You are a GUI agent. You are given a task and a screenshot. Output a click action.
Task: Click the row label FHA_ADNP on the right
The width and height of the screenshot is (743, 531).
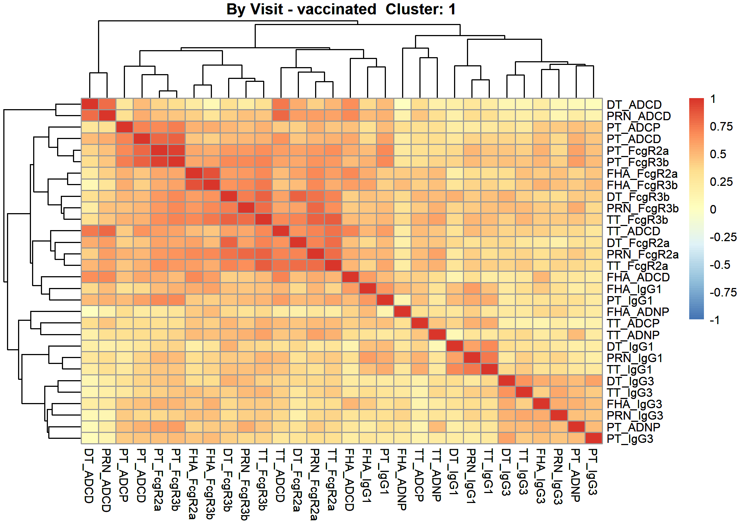click(x=638, y=312)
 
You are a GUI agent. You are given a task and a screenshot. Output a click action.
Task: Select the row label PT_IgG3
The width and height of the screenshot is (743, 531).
click(x=630, y=439)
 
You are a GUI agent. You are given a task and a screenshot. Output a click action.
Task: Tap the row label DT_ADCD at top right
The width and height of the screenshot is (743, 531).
click(x=634, y=105)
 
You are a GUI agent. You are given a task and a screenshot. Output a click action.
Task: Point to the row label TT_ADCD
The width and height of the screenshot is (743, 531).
click(x=634, y=231)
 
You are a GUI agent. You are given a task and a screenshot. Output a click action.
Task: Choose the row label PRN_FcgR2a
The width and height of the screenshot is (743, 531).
click(x=643, y=254)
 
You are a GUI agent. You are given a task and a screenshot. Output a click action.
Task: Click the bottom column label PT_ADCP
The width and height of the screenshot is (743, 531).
click(x=124, y=475)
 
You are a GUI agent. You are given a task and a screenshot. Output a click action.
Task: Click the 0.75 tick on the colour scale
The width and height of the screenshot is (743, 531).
click(x=721, y=126)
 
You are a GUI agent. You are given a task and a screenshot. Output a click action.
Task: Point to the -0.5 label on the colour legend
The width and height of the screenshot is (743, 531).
click(x=720, y=265)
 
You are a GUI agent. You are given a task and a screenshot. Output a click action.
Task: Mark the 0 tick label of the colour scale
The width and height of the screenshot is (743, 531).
click(x=713, y=209)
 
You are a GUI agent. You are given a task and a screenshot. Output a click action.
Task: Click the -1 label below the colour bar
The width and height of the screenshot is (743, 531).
click(x=715, y=320)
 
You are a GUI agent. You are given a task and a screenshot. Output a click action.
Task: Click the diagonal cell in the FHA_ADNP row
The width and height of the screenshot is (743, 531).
click(x=402, y=312)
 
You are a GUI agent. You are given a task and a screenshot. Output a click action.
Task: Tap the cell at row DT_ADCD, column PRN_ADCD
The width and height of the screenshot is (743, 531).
click(x=107, y=104)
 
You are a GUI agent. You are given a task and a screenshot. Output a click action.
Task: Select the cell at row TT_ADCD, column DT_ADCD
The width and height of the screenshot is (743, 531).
click(x=90, y=231)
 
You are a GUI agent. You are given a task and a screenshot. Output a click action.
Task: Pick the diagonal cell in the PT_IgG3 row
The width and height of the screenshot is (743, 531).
click(x=593, y=438)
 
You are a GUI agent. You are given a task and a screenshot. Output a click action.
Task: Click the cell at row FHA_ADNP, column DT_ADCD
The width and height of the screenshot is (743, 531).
click(x=90, y=312)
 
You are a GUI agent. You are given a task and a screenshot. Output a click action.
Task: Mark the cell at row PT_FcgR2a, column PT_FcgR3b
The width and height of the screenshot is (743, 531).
click(x=177, y=150)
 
